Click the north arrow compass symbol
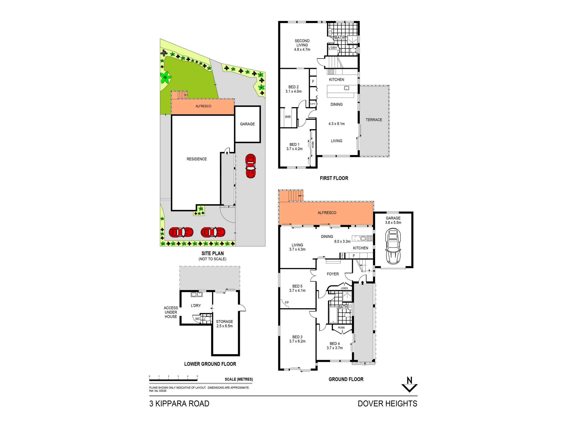pos(409,385)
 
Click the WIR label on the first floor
pos(288,117)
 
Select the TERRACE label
pos(374,120)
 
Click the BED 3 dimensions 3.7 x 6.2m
pos(297,341)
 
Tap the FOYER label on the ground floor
pos(333,274)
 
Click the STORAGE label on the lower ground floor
pos(224,322)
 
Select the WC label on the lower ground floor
pos(198,319)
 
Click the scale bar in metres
pos(173,380)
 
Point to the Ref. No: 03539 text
pos(158,391)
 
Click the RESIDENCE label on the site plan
pos(196,159)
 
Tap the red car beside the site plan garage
pos(251,166)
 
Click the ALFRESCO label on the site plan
pos(203,106)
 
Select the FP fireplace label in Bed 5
pos(287,303)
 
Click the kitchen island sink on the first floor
pos(346,88)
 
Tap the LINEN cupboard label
pos(344,288)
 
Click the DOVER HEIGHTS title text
pos(387,403)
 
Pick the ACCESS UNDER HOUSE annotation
pos(171,312)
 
